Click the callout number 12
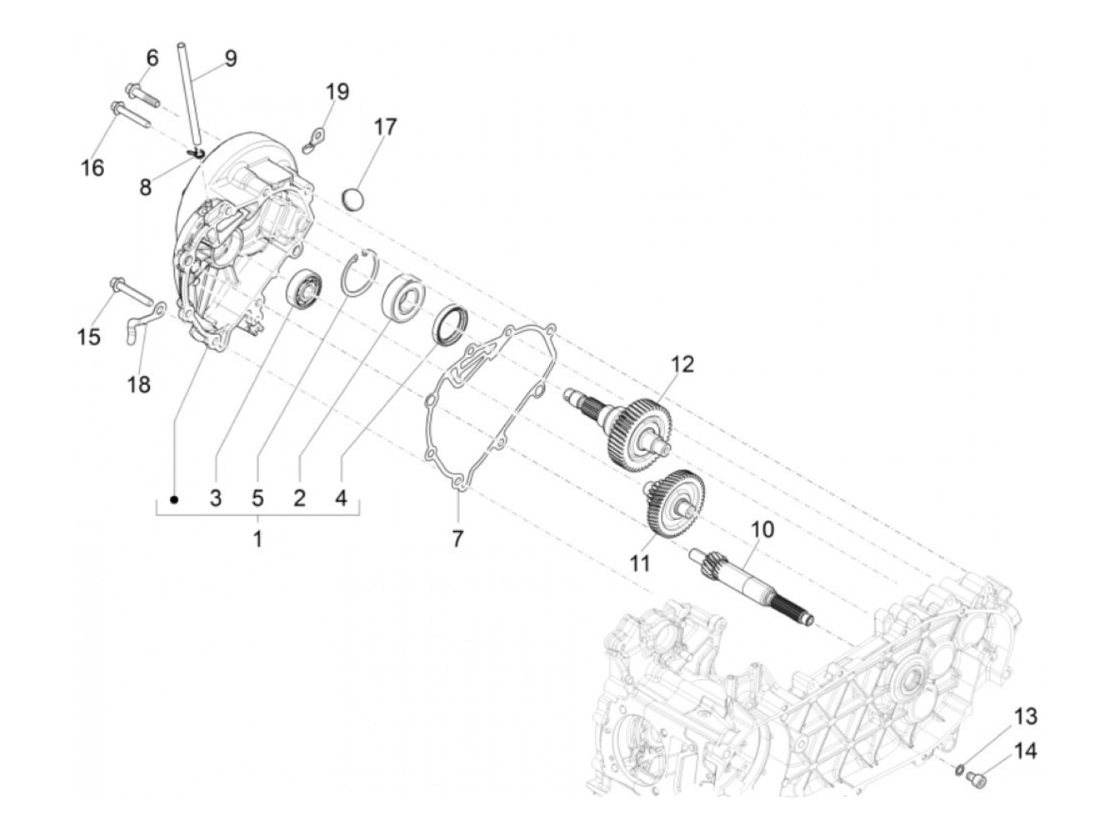[682, 364]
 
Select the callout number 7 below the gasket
[457, 538]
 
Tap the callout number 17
[386, 126]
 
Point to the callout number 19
[337, 91]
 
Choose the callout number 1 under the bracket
[257, 539]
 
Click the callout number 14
[1025, 751]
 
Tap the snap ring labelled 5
[356, 274]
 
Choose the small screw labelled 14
[978, 783]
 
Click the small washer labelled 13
[959, 768]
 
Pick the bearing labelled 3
[304, 289]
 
